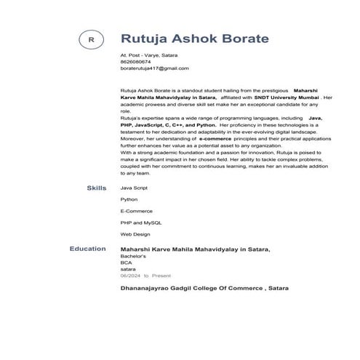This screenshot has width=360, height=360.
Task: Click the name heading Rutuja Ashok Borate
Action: [194, 39]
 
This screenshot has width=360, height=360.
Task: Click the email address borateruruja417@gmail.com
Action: [154, 68]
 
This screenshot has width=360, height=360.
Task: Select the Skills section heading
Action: [96, 188]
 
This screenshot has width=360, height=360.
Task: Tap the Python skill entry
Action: [129, 199]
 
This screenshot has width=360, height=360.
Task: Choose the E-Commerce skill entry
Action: [135, 211]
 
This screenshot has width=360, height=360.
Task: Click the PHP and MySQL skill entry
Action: [141, 223]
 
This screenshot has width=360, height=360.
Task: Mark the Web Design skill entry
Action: [135, 234]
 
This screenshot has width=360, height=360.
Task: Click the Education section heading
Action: [87, 249]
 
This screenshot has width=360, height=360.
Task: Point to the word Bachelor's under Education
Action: [133, 257]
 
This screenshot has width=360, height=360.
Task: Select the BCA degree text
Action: [126, 263]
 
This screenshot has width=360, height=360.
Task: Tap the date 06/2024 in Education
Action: [129, 276]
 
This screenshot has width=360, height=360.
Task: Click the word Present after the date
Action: [161, 276]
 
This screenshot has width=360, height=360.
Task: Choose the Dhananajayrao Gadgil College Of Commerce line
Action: [204, 289]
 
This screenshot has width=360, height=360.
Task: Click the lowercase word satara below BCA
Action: [127, 270]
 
